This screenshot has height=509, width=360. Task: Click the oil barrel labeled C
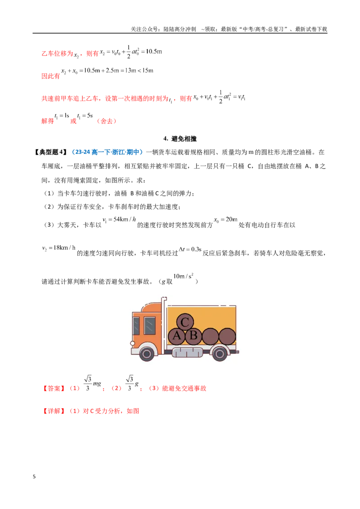click(x=185, y=322)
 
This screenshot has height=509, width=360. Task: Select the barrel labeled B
click(x=193, y=335)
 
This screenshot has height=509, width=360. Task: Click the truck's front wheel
click(x=147, y=353)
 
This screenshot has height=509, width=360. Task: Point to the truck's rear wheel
click(x=220, y=353)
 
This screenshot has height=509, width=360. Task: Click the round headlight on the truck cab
click(x=133, y=343)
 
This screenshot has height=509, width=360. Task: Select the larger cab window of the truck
click(x=149, y=325)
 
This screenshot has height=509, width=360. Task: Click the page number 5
click(x=34, y=477)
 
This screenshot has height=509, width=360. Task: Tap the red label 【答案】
click(x=54, y=388)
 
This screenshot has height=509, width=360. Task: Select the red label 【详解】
click(x=54, y=411)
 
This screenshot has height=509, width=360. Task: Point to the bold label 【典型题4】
click(x=51, y=152)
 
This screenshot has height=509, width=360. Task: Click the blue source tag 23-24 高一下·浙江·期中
click(x=107, y=152)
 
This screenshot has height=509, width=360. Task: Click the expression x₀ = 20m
click(x=225, y=220)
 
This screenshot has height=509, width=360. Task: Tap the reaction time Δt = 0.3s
click(x=190, y=249)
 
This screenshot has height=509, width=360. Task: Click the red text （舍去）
click(x=107, y=121)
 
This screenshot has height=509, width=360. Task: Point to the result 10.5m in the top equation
click(x=154, y=51)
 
